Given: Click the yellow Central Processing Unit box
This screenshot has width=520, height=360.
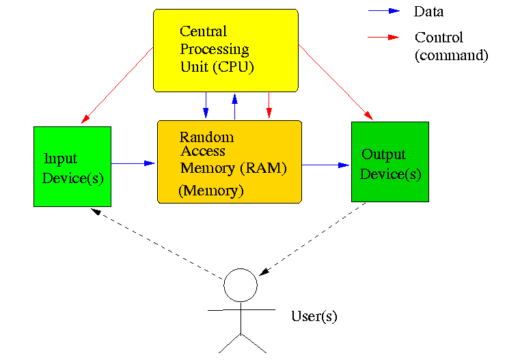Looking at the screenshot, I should (x=225, y=50).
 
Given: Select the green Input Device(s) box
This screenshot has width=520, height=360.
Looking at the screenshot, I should (x=72, y=166).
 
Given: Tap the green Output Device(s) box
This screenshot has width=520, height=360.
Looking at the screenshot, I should (x=389, y=162).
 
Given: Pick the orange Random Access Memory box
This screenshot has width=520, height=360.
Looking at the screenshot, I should (x=229, y=162).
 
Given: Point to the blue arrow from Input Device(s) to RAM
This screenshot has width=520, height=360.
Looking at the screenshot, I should (x=133, y=163).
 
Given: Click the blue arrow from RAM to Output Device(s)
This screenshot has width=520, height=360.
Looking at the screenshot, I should (x=326, y=165).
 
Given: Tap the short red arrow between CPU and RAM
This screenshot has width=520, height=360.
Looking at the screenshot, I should (x=269, y=105).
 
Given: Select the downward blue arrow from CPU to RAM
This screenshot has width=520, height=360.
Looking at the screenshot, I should (x=206, y=105).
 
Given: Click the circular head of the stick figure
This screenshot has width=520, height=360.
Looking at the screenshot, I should (x=241, y=285).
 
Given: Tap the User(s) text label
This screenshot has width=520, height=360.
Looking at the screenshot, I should (x=314, y=317).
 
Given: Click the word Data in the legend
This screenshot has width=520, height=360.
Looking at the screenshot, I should (x=428, y=12).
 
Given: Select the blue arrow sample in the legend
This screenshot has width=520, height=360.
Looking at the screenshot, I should (x=384, y=12).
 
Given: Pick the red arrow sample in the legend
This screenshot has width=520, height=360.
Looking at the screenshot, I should (x=384, y=38).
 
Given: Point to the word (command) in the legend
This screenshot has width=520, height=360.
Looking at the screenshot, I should (x=451, y=56).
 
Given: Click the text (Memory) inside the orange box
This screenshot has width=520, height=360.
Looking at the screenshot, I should (x=210, y=191).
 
